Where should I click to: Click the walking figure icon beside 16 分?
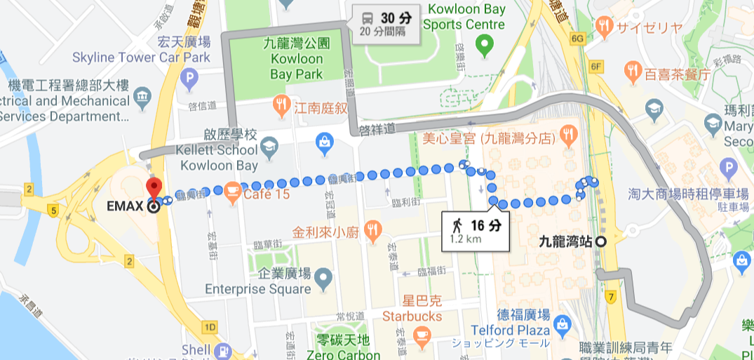[457, 225]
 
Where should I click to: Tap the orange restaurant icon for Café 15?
[233, 194]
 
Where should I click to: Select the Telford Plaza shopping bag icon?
[562, 324]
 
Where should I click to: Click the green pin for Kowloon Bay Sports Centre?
[483, 46]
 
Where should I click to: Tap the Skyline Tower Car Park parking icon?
[189, 79]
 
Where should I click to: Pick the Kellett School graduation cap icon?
[269, 146]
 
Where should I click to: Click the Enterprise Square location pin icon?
[323, 279]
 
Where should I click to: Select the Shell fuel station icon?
[223, 349]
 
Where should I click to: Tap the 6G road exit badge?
[578, 39]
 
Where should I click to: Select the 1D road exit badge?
[209, 328]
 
